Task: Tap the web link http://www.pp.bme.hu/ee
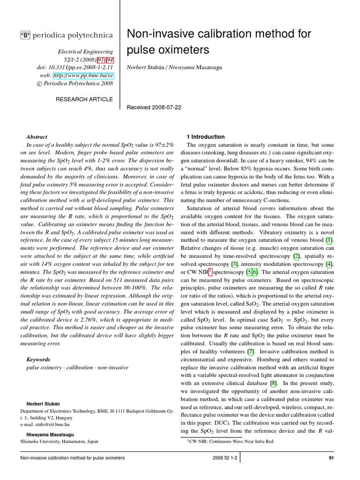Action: click(x=83, y=75)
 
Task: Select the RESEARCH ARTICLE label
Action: click(x=84, y=99)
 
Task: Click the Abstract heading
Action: click(x=37, y=137)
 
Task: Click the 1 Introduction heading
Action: click(x=206, y=137)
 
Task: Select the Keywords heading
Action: click(x=39, y=359)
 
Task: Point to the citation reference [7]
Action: click(x=251, y=352)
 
